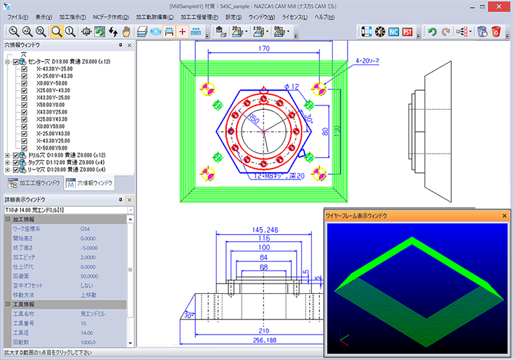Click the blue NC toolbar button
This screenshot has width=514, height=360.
393,32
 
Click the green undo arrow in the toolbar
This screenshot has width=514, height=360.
432,32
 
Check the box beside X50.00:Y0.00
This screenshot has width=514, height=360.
24,104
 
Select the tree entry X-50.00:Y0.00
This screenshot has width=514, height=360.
53,148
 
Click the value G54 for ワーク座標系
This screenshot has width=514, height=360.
85,228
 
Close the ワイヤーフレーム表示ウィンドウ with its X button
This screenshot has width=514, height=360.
504,216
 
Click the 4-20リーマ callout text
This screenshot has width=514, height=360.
367,61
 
